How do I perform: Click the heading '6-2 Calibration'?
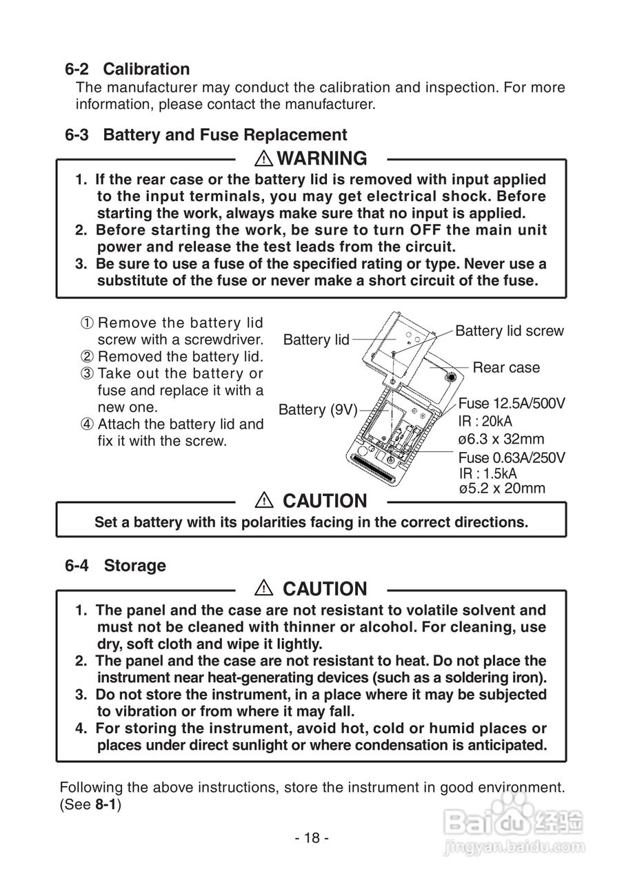128,69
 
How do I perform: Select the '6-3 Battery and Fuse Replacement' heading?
206,134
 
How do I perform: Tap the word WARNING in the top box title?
321,158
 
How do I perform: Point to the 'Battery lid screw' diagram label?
509,331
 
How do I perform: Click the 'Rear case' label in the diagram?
506,367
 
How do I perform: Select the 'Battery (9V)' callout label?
317,410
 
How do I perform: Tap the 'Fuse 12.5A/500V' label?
512,404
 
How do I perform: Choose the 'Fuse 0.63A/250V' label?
512,458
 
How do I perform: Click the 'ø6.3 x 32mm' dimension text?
501,439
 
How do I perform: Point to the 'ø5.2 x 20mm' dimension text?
501,489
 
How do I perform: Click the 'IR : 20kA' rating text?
485,422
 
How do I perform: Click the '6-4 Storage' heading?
116,566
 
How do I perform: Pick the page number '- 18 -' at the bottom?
312,838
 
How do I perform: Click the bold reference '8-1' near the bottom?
106,804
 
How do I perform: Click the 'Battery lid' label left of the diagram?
316,340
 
